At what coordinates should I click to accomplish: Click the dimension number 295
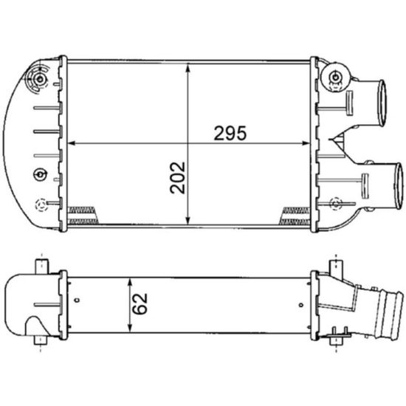[x=230, y=134]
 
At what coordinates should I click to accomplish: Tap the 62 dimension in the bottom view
[x=142, y=304]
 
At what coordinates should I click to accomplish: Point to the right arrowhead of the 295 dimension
[x=311, y=143]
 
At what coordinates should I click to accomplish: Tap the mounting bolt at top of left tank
[x=38, y=79]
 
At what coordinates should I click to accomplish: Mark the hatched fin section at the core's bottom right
[x=295, y=216]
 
